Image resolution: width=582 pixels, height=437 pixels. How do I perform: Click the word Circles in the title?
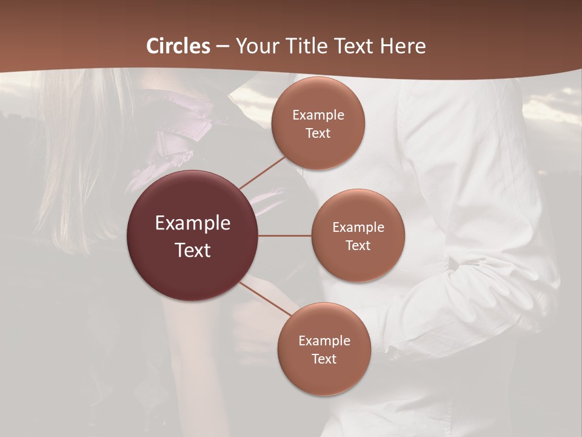(178, 46)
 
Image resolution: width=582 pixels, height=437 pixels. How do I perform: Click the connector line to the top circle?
(262, 172)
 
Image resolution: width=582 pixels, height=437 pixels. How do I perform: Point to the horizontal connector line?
(285, 235)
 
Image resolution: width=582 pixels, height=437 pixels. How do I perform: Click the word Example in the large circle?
(193, 223)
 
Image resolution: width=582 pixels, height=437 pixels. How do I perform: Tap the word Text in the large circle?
(193, 250)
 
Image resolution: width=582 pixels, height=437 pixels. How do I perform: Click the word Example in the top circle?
(318, 115)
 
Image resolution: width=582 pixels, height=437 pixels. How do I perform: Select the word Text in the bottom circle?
(324, 359)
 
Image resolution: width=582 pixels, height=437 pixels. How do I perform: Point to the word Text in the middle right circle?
(358, 245)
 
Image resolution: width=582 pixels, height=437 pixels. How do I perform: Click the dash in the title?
(222, 46)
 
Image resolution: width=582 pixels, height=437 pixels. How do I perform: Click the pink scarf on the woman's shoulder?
(176, 134)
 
